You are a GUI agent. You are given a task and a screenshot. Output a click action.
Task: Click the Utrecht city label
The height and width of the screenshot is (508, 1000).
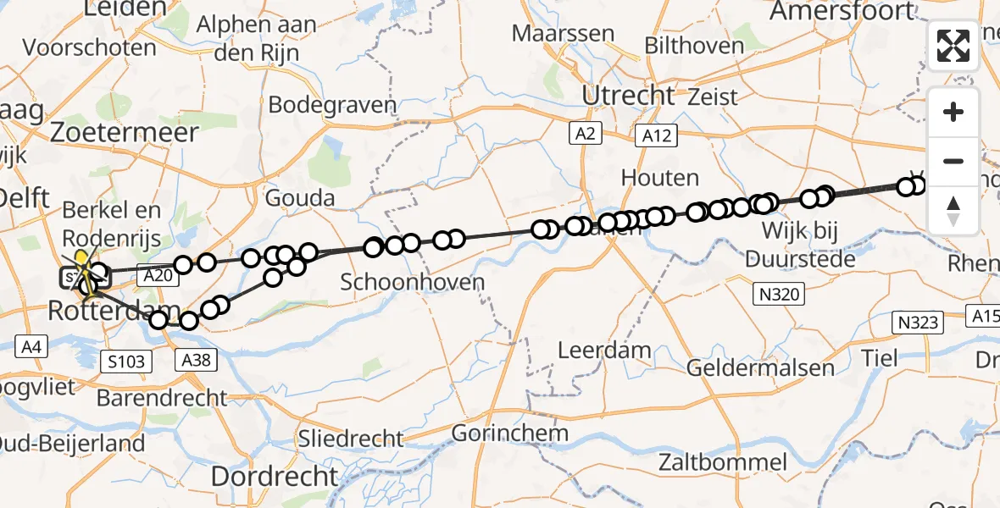(x=628, y=95)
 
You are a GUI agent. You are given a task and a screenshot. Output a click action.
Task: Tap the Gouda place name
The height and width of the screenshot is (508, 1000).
(x=299, y=198)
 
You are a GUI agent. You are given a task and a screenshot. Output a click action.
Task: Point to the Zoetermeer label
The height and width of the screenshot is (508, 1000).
(x=124, y=132)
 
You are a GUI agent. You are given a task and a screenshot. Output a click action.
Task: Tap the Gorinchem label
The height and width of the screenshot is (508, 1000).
(x=509, y=433)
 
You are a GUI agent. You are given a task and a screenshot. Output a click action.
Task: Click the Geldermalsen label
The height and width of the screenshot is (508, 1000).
(x=760, y=367)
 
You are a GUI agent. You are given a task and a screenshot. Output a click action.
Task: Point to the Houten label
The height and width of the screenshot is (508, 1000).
(x=659, y=178)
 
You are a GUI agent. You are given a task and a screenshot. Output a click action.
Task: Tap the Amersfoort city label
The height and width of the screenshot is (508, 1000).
(x=843, y=11)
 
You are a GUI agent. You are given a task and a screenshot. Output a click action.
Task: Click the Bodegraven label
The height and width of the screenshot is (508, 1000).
(x=332, y=105)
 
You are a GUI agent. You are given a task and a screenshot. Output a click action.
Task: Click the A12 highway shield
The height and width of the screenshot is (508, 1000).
(x=655, y=135)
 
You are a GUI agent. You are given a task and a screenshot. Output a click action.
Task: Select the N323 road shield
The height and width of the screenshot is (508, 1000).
(x=919, y=322)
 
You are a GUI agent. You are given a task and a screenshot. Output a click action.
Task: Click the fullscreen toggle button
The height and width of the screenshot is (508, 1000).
(x=953, y=46)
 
